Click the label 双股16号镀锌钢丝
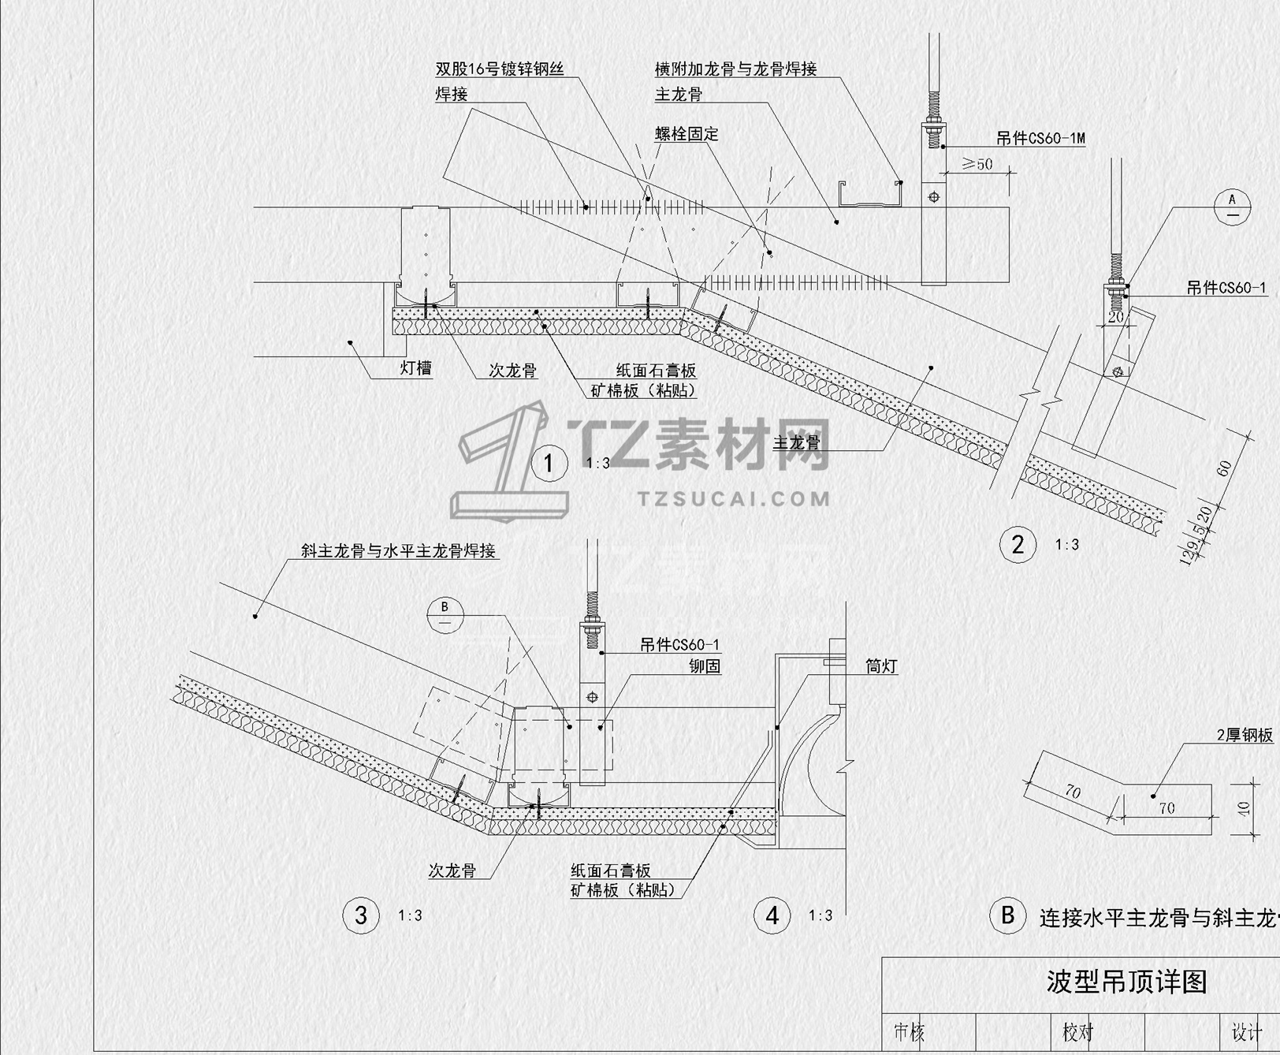[x=500, y=69]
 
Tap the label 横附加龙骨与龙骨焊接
[x=735, y=69]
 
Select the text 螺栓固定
[x=686, y=133]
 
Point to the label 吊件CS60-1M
[x=1040, y=139]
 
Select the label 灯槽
[x=415, y=367]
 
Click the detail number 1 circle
[x=549, y=463]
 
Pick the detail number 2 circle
[x=1018, y=544]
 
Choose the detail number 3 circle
[x=361, y=915]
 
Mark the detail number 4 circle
[x=772, y=915]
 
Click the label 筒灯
[x=881, y=666]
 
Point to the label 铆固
[x=705, y=666]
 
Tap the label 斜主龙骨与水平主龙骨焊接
[x=398, y=550]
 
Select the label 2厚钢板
[x=1245, y=735]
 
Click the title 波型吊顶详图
[x=1126, y=982]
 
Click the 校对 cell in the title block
[x=1077, y=1031]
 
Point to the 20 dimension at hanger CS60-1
[x=1115, y=316]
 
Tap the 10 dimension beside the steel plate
[x=1245, y=808]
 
